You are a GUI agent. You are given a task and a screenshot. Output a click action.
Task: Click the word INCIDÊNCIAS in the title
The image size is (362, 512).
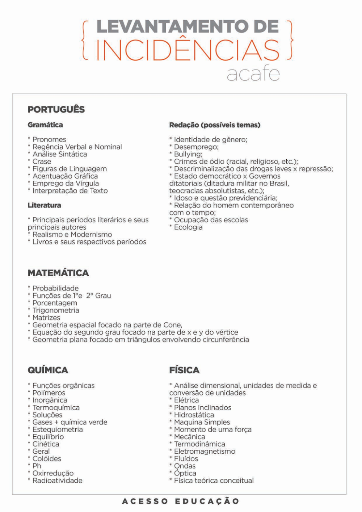pos(188,51)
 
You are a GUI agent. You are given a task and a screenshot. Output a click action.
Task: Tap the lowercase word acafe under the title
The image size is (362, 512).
pos(253,74)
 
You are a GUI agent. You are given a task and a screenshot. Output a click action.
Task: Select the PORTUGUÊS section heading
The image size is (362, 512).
pos(56,109)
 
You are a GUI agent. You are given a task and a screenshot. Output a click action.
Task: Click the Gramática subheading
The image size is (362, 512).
pos(45,125)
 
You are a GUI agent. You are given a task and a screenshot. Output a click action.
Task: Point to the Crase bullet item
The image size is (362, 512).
pos(42,161)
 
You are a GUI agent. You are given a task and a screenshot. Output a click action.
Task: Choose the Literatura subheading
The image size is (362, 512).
pos(44,205)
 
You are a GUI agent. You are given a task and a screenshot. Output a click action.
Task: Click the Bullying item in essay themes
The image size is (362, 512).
pos(188,154)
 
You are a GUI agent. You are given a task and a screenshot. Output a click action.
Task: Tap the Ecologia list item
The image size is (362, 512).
pos(188,227)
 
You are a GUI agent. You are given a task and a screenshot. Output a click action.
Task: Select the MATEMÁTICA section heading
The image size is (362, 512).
pos(58,273)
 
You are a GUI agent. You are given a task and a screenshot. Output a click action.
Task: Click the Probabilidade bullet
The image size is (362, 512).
pos(55,288)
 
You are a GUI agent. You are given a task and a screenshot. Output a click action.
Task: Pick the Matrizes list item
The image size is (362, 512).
pos(46,318)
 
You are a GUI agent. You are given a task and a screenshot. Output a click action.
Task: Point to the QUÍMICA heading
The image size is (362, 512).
pos(48,370)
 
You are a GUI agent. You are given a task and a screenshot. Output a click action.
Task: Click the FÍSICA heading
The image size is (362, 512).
pos(184,370)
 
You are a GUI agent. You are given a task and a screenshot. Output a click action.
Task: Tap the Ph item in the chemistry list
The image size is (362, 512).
pos(37,466)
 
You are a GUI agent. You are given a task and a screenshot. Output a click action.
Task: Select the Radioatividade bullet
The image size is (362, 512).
pos(57,480)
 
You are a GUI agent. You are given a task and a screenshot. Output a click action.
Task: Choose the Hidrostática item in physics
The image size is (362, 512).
pos(194,415)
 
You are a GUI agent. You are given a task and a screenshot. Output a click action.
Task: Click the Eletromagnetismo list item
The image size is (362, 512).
pos(205,452)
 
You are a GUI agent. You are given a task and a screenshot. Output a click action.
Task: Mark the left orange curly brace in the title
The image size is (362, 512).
pos(85,41)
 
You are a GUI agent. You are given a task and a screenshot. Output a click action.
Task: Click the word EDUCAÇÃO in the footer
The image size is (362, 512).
pos(207,501)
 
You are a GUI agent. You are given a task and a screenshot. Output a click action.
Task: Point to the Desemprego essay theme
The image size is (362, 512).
pos(196,147)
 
